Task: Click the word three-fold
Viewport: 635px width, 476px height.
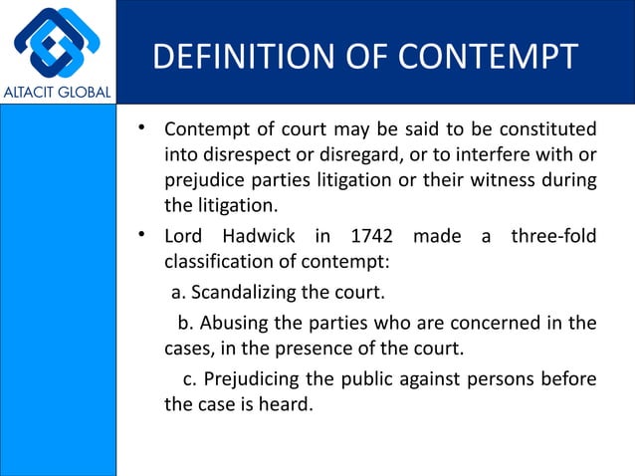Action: pos(553,238)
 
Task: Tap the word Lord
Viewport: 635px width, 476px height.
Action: pos(184,238)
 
